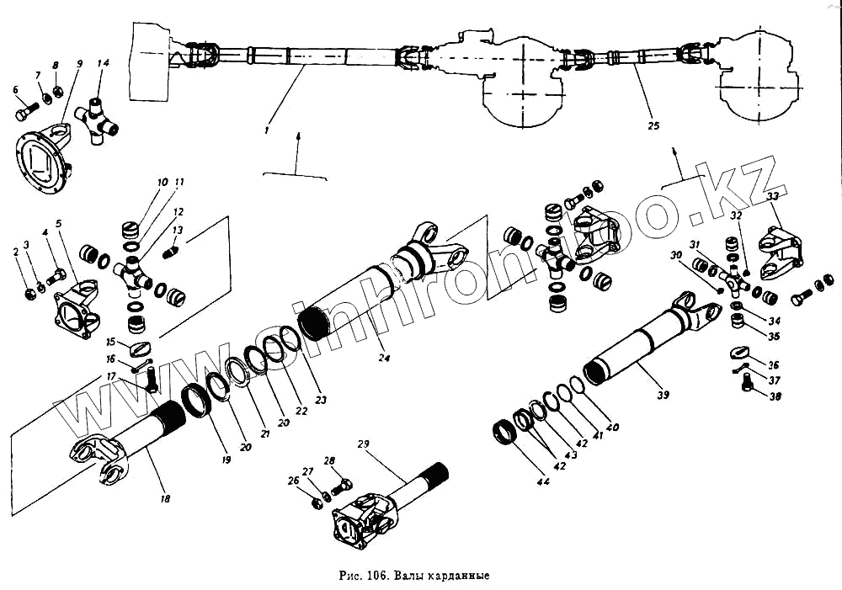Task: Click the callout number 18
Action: [x=165, y=499]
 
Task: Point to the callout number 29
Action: [x=363, y=444]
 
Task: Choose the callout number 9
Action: [x=79, y=63]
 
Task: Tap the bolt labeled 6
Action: [x=25, y=110]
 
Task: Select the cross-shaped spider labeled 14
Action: [x=99, y=120]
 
